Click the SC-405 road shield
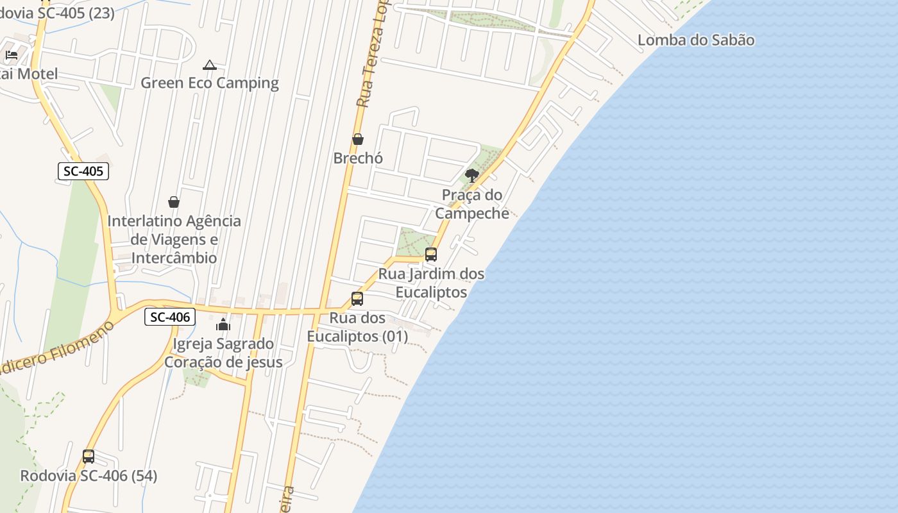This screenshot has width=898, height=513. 83,171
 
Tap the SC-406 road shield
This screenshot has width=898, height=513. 169,317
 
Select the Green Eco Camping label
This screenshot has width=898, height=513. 210,83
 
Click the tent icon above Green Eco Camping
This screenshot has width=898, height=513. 209,65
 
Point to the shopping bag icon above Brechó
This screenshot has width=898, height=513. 358,139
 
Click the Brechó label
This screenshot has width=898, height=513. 358,158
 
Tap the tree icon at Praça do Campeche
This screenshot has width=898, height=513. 472,175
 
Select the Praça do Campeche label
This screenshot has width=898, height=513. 472,204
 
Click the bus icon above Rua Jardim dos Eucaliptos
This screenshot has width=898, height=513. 431,255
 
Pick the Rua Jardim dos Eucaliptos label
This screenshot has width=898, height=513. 432,283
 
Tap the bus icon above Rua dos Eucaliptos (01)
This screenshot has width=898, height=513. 357,299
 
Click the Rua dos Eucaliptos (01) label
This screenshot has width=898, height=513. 357,327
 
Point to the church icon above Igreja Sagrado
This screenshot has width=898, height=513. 223,325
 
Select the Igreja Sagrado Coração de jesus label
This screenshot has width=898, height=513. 223,353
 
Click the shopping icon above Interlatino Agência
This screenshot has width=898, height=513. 174,202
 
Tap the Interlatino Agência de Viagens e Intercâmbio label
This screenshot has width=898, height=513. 174,239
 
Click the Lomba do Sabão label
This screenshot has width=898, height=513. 696,40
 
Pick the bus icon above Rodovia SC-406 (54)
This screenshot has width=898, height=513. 89,457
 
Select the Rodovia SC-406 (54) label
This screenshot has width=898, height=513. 89,476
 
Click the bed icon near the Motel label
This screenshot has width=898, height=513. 12,55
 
